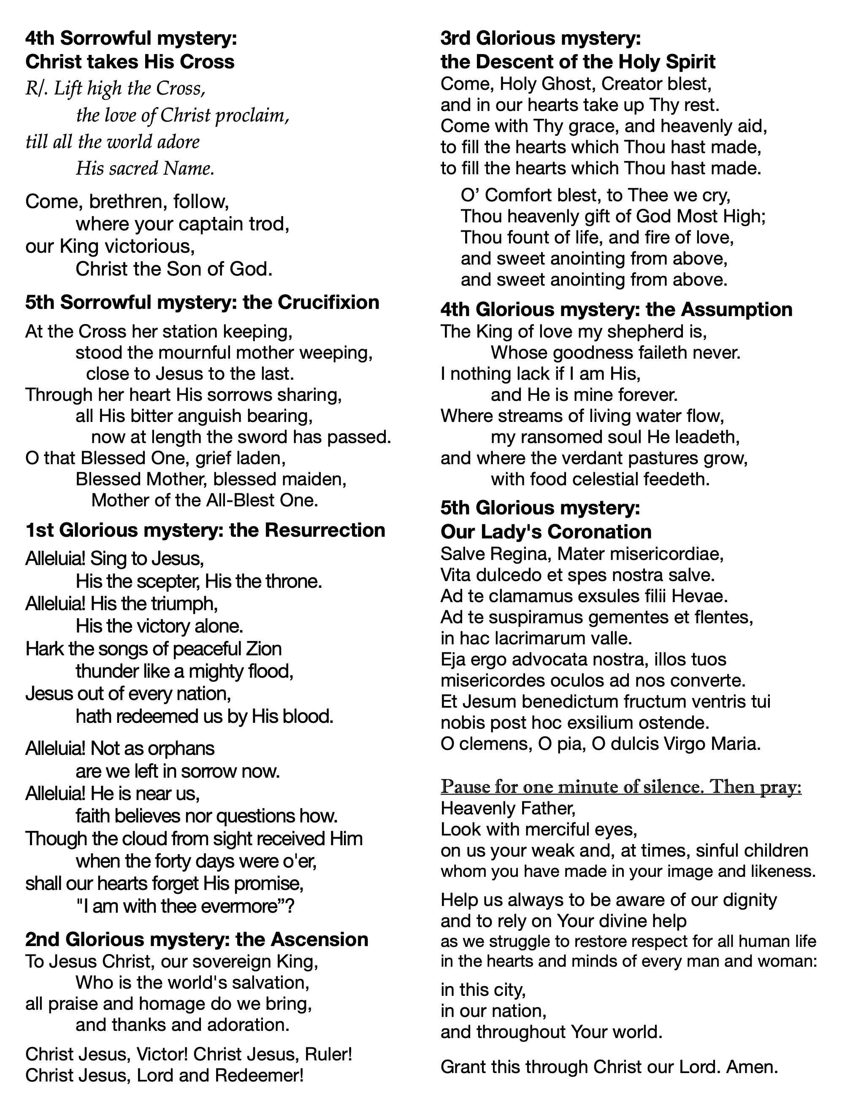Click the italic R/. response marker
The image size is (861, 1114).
37,89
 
